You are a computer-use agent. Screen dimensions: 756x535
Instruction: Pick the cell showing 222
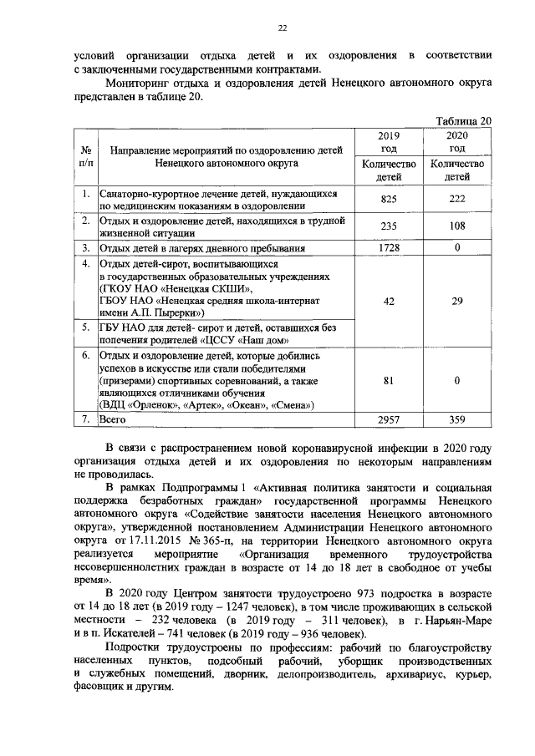[457, 200]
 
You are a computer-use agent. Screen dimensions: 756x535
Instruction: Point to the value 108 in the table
[457, 226]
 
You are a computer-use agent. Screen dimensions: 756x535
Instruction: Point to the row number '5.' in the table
[84, 327]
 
